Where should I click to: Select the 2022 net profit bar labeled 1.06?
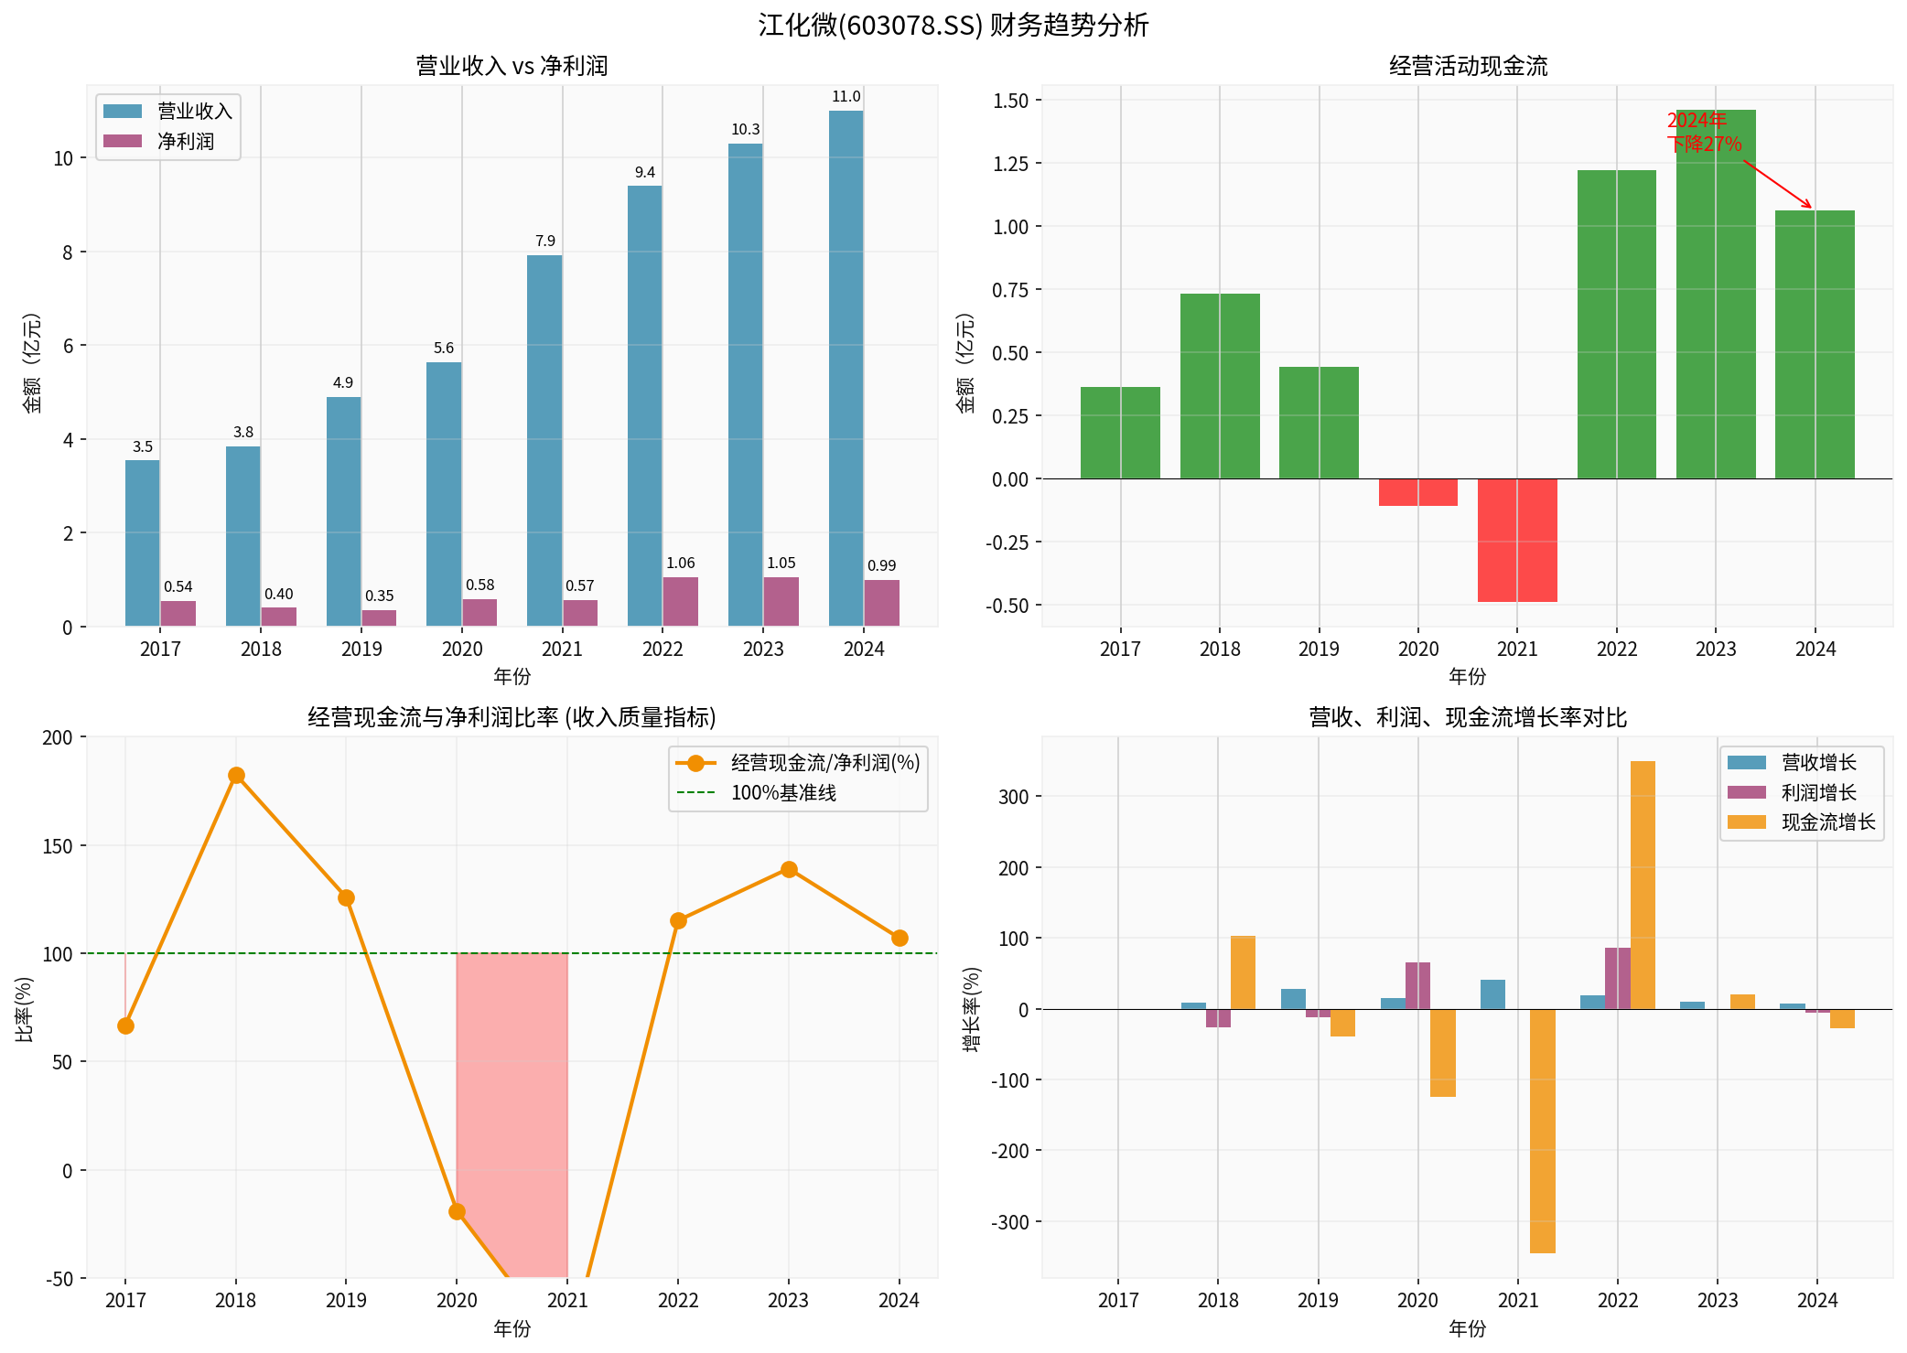pyautogui.click(x=681, y=601)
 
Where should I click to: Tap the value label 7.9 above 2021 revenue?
pyautogui.click(x=545, y=241)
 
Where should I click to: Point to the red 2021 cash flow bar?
pyautogui.click(x=1517, y=540)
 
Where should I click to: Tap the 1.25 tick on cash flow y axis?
pyautogui.click(x=1010, y=164)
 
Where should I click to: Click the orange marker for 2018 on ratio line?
pyautogui.click(x=236, y=776)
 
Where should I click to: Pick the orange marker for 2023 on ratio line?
pyautogui.click(x=789, y=869)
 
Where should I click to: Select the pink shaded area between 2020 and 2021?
pyautogui.click(x=512, y=1098)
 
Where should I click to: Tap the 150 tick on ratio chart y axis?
pyautogui.click(x=57, y=846)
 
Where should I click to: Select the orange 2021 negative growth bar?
pyautogui.click(x=1543, y=1131)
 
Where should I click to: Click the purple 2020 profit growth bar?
pyautogui.click(x=1417, y=986)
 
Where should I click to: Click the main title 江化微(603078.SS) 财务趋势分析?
pyautogui.click(x=953, y=25)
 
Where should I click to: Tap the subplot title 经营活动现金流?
pyautogui.click(x=1468, y=66)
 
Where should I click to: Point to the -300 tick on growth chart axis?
pyautogui.click(x=1010, y=1222)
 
